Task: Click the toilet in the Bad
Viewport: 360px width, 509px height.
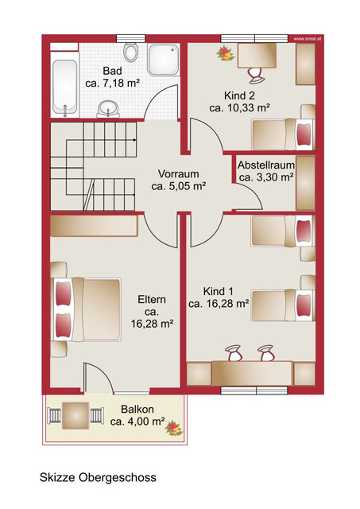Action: tap(130, 52)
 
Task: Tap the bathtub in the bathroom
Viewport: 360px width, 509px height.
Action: tap(65, 86)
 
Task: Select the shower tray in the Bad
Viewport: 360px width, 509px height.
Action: tap(164, 60)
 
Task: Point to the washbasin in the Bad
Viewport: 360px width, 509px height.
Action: tap(108, 108)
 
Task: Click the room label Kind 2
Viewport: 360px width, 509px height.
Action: tap(239, 95)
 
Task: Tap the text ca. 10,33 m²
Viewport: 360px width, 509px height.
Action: tap(240, 108)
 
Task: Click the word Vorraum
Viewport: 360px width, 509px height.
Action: tap(178, 173)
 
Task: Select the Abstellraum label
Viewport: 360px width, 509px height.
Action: tap(266, 165)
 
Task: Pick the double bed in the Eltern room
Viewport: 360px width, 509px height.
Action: tap(86, 309)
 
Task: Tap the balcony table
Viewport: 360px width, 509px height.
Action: tap(75, 415)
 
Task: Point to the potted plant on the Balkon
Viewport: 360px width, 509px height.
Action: tap(174, 429)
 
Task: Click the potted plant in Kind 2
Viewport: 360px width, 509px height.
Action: tap(226, 53)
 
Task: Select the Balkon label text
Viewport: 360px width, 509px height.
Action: tap(137, 409)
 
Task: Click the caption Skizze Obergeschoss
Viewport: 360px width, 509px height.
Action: tap(98, 477)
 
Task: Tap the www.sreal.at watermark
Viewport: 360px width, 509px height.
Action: tap(307, 39)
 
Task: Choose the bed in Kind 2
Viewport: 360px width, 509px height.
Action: tap(283, 134)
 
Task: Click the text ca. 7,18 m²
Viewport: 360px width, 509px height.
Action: tap(113, 83)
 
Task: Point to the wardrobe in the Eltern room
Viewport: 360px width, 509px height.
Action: tap(94, 226)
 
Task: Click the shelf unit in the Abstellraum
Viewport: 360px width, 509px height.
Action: tap(305, 183)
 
